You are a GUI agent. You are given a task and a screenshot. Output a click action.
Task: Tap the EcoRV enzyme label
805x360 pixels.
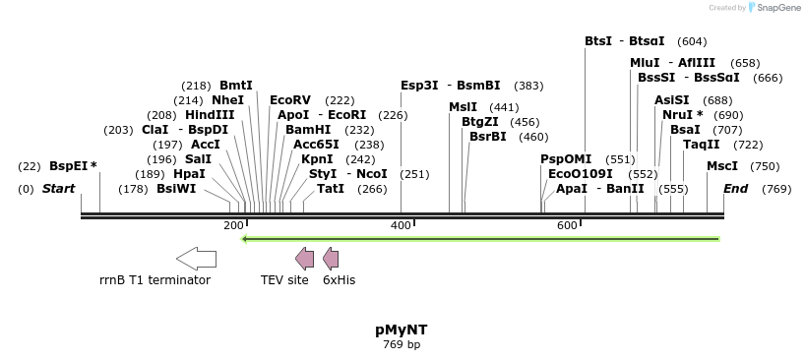290,100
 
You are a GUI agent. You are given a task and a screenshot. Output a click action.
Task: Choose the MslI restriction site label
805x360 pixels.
463,107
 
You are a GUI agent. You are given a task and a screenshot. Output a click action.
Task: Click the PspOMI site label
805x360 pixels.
566,159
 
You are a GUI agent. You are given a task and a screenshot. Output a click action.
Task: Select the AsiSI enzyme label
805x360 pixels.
672,100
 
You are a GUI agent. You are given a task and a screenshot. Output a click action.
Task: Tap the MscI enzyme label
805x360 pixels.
722,166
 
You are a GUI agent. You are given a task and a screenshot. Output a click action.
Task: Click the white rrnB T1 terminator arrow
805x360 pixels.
196,259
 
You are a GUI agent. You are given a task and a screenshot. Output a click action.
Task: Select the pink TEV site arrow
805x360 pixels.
305,259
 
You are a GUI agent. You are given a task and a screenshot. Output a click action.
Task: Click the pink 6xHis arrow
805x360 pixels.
331,259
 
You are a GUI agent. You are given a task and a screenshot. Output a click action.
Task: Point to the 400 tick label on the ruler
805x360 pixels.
402,226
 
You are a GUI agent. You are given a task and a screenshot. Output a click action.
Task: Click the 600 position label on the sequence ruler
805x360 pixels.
567,226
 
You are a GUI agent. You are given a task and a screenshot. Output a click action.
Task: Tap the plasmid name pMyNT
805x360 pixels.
401,330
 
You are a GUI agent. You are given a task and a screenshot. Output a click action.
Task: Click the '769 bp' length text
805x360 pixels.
401,345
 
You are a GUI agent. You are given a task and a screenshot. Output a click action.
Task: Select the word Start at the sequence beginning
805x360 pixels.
58,189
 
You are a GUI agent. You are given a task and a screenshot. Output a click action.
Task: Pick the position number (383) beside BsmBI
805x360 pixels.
528,86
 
